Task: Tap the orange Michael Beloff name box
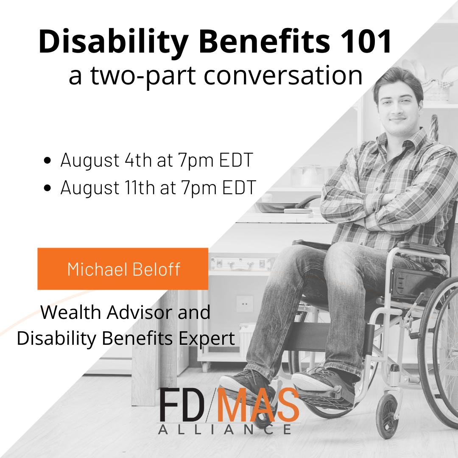point(123,269)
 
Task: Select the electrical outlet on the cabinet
point(245,303)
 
